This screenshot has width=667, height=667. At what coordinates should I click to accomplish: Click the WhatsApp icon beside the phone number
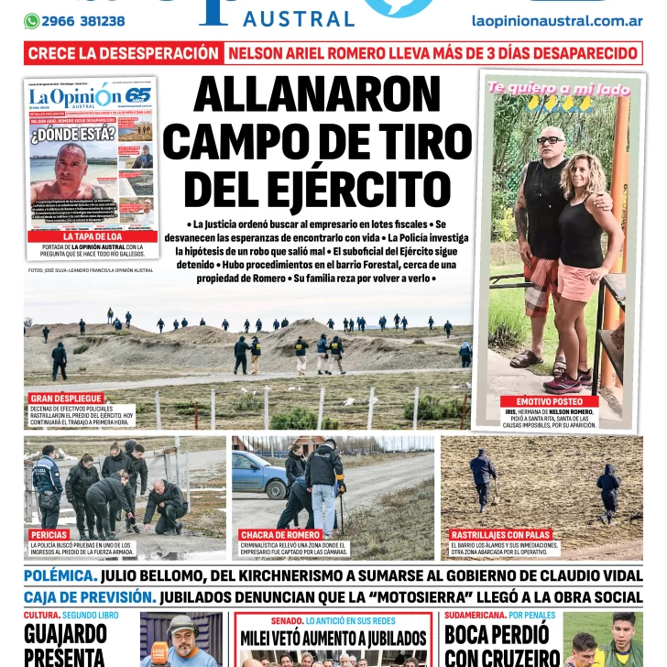32,21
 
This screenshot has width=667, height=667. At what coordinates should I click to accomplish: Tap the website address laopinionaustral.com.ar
556,20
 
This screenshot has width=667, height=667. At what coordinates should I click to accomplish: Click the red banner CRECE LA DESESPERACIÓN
124,53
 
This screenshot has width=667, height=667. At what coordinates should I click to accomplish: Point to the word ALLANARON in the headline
316,95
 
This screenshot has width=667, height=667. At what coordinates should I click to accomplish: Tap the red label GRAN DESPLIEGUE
66,399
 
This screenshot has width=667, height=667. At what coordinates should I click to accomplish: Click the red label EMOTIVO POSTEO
549,401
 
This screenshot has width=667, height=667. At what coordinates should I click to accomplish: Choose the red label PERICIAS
49,534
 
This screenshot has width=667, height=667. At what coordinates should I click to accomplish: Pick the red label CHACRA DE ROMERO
280,534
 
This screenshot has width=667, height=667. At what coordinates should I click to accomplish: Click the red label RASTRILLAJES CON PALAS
500,534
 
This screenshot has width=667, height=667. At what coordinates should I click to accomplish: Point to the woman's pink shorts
578,280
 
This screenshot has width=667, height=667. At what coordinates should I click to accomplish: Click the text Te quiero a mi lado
559,89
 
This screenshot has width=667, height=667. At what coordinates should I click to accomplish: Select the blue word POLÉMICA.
60,575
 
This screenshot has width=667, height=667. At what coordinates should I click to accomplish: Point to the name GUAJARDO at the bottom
65,634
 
